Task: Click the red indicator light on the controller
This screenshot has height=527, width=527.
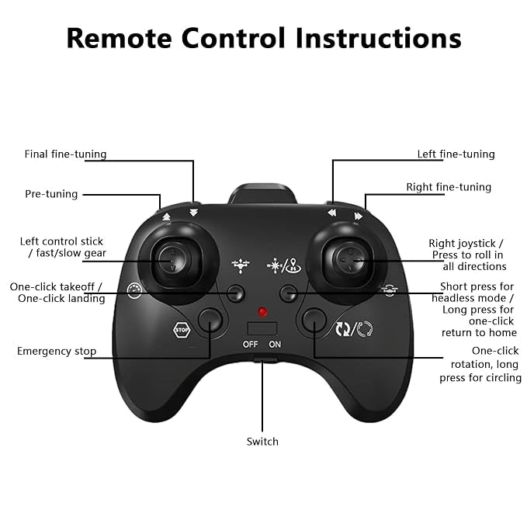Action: click(262, 311)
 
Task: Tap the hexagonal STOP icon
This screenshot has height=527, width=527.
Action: click(182, 330)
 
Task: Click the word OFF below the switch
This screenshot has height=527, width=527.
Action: click(251, 344)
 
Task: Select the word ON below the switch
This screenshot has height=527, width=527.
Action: click(275, 344)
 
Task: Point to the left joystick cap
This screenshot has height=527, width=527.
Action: click(172, 260)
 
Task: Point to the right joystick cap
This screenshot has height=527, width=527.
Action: click(349, 260)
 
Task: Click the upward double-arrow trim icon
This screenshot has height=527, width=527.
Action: click(166, 217)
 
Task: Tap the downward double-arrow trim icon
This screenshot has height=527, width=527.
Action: click(193, 213)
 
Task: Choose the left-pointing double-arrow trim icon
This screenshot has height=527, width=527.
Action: click(331, 213)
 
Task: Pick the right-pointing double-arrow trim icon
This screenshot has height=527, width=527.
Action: click(359, 216)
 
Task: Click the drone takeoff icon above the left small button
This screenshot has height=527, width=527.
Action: click(241, 265)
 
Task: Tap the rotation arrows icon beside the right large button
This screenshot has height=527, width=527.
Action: click(354, 329)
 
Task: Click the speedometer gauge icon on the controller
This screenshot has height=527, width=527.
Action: click(134, 290)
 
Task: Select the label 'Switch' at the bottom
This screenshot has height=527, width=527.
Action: click(262, 442)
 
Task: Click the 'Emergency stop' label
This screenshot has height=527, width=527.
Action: click(57, 352)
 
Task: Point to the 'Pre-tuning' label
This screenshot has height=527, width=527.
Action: click(51, 194)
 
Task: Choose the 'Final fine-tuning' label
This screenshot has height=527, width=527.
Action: click(65, 154)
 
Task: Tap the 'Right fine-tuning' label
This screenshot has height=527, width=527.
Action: click(449, 187)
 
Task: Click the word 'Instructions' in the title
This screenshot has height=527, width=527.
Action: click(379, 38)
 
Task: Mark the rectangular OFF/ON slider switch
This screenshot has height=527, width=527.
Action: click(262, 328)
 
